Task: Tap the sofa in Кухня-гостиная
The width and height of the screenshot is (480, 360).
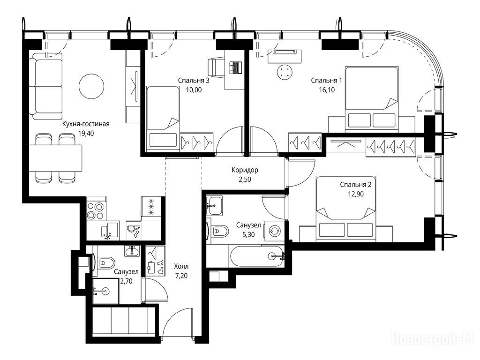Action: click(46, 86)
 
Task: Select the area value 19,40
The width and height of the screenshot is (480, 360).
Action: click(86, 134)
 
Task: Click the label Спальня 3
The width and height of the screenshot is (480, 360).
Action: click(194, 81)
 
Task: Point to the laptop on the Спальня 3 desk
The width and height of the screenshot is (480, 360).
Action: click(235, 67)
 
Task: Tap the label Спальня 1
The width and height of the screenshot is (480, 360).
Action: click(326, 81)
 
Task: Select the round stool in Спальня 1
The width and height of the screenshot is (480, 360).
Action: click(285, 73)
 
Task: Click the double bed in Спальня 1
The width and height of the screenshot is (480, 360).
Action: click(372, 97)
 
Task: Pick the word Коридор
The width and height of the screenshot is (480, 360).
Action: click(245, 170)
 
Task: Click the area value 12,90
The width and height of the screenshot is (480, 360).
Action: click(356, 194)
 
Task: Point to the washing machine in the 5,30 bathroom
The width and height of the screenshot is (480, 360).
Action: click(274, 231)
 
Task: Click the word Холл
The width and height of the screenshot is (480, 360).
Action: click(181, 266)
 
